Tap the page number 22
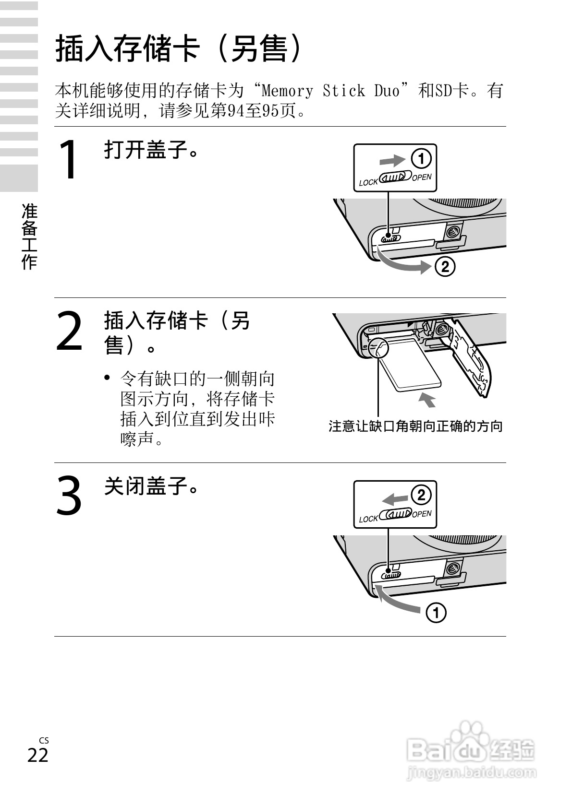(x=37, y=755)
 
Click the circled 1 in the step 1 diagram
(x=421, y=159)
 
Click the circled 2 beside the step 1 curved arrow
(x=445, y=266)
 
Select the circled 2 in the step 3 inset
(x=421, y=495)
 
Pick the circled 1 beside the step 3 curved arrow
(x=436, y=613)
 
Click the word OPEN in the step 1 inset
(x=422, y=178)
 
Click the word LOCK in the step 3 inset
(x=368, y=519)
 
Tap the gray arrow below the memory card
(x=427, y=399)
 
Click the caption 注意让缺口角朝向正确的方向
(x=415, y=426)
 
